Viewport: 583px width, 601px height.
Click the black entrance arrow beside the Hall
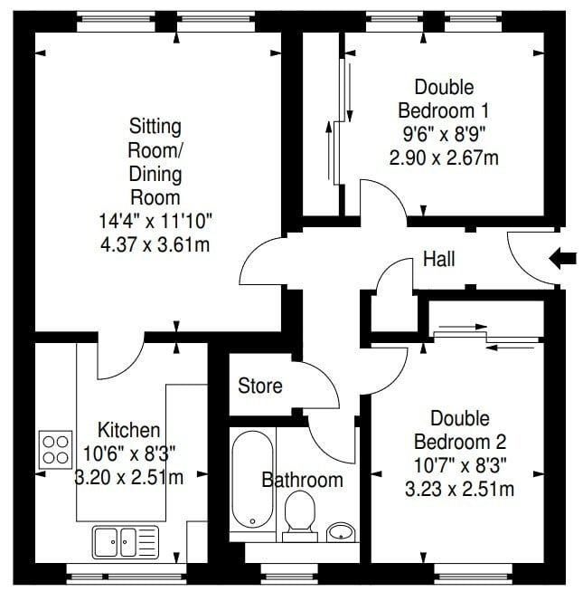(563, 258)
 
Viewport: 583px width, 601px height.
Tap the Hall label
(438, 260)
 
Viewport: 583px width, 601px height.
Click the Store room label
(260, 386)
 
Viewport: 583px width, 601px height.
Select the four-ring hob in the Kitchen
(55, 450)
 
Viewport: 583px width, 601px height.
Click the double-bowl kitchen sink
(125, 542)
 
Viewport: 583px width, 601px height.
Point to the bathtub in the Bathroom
(253, 480)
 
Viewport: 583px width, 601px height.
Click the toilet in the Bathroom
(300, 516)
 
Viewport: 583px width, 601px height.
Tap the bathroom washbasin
(340, 532)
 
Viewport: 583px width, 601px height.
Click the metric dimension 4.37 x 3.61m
(155, 244)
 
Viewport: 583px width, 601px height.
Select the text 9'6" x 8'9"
(444, 135)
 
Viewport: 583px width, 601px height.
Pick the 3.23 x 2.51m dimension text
(459, 490)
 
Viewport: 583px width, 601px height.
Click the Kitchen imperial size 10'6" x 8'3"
(129, 454)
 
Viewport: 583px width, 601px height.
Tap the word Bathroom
(302, 480)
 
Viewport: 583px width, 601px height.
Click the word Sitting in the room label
(155, 127)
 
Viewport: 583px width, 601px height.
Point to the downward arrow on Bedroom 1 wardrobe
(350, 92)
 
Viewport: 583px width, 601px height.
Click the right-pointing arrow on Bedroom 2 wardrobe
(463, 327)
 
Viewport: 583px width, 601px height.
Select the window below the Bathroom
(290, 574)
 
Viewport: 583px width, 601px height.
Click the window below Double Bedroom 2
(473, 574)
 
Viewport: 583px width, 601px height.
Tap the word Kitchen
(129, 431)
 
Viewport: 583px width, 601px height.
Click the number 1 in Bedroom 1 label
(485, 110)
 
